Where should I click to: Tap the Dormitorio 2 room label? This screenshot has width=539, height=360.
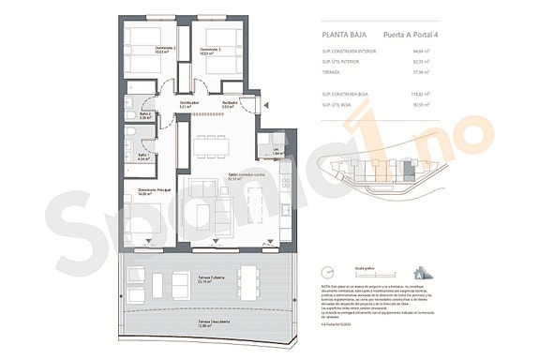[142, 50]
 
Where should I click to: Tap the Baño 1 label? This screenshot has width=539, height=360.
[143, 157]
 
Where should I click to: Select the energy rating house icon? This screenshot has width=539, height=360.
[425, 272]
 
